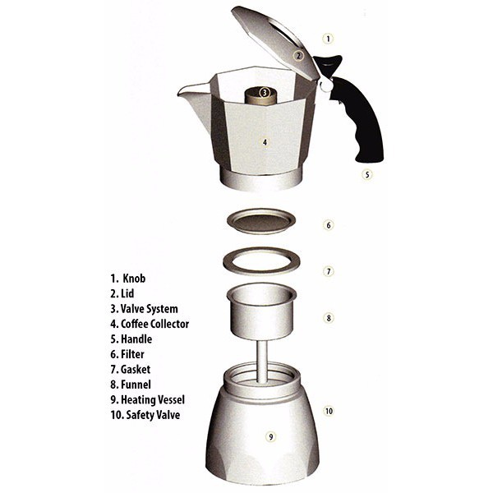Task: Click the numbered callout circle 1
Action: (328, 38)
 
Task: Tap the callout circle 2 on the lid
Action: (300, 56)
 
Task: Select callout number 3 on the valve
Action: (265, 92)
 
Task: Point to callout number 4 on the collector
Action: (265, 142)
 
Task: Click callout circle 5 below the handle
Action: (367, 174)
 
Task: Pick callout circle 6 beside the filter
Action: (328, 224)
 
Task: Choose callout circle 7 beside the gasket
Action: (328, 270)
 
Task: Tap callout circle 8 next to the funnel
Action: (328, 317)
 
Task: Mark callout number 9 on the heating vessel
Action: (270, 436)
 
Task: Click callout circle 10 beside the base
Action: (328, 411)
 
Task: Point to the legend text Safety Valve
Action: (153, 415)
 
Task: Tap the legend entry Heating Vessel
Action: (156, 400)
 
